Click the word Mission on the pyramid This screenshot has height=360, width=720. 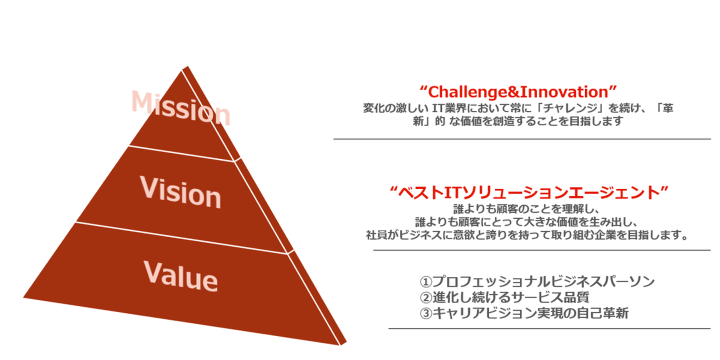click(181, 107)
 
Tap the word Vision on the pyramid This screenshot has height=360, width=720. click(180, 192)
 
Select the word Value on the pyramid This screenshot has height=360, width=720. click(180, 276)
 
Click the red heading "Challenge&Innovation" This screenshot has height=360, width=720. click(518, 92)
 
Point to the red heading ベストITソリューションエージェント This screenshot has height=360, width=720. click(529, 192)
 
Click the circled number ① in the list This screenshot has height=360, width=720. click(425, 282)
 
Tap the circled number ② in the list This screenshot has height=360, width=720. click(425, 297)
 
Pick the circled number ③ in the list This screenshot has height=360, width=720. click(425, 313)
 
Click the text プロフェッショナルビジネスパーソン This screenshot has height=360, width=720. click(543, 281)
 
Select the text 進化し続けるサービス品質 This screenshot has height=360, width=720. click(511, 297)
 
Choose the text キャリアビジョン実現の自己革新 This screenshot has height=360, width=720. click(530, 313)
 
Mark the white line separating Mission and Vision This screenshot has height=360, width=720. click(181, 153)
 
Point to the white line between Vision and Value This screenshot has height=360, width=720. click(182, 238)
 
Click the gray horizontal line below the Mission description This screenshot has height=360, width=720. click(522, 139)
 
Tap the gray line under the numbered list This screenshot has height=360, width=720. click(549, 328)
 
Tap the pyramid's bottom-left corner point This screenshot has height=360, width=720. click(23, 297)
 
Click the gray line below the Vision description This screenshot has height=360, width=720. click(542, 250)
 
